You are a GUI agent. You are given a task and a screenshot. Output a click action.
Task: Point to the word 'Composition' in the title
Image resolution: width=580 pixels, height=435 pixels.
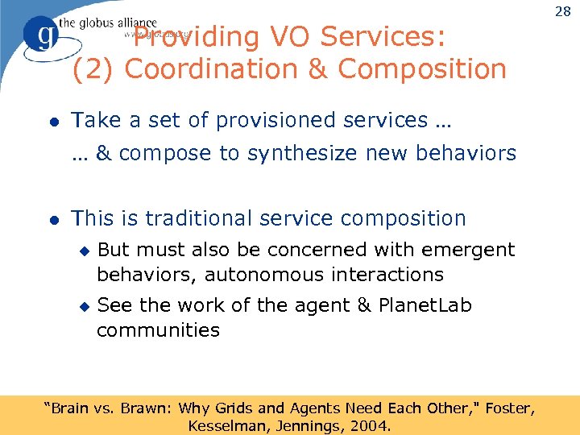coord(422,69)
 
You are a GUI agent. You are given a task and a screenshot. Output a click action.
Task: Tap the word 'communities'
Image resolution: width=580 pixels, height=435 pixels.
coord(158,329)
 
